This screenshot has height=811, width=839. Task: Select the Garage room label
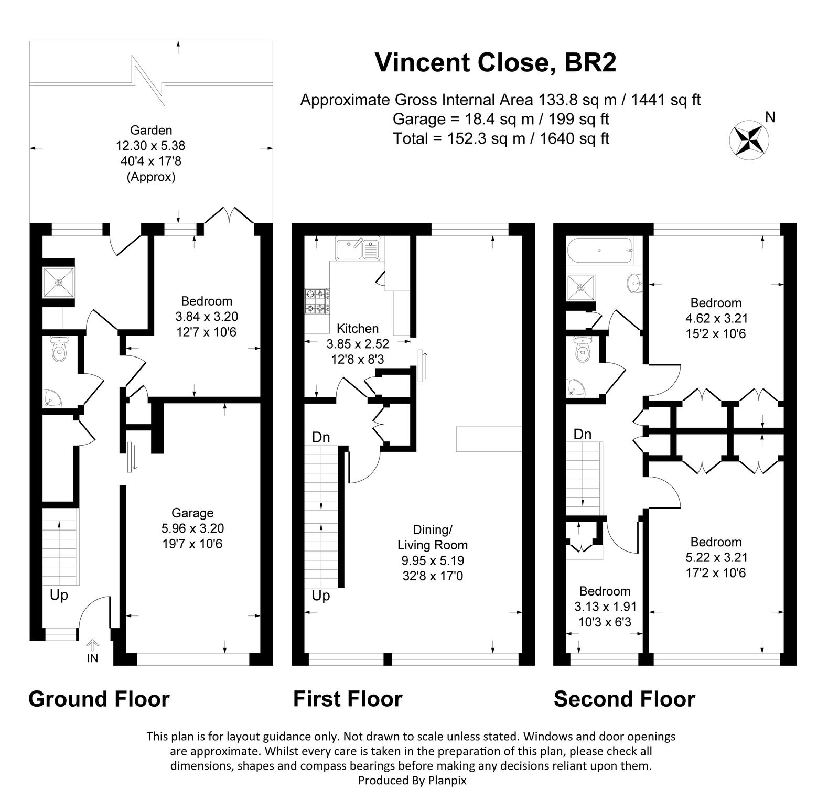point(192,513)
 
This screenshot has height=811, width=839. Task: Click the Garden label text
point(151,130)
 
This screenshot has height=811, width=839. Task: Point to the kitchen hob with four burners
point(317,301)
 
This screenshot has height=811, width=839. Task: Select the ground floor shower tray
point(59,283)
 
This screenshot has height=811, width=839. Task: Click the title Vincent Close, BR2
point(495,62)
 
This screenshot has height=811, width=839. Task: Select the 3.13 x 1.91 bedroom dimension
point(605,607)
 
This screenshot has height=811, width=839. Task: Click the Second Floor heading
point(624,699)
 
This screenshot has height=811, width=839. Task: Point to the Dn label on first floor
point(320,437)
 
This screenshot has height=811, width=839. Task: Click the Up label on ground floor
point(59,596)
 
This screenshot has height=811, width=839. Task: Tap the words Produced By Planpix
point(412,795)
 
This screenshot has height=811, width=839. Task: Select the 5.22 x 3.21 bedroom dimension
point(715,557)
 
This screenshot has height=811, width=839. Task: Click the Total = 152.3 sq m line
point(500,139)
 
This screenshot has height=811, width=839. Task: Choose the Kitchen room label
point(357,329)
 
